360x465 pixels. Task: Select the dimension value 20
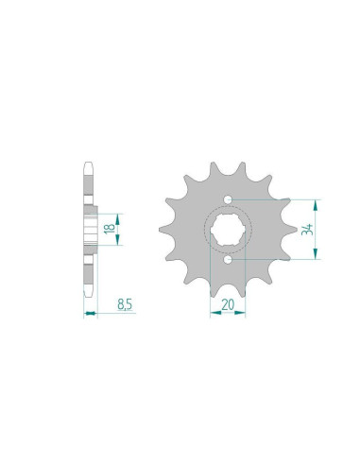(x=228, y=303)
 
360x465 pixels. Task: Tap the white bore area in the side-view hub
(x=91, y=229)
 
